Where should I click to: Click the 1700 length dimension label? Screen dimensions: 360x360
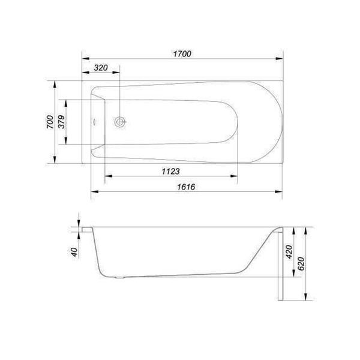click(182, 54)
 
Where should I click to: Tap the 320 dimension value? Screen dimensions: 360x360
click(101, 68)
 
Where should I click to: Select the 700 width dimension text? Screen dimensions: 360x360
click(50, 122)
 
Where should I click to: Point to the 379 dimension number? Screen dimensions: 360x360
click(61, 122)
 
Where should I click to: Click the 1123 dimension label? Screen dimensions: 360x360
click(171, 171)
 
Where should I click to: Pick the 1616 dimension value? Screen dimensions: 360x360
click(186, 187)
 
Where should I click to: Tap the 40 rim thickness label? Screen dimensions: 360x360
click(74, 252)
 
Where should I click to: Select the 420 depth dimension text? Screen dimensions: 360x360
click(289, 252)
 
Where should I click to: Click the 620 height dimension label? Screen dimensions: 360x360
click(301, 263)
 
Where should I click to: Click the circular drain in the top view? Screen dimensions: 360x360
click(119, 122)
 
